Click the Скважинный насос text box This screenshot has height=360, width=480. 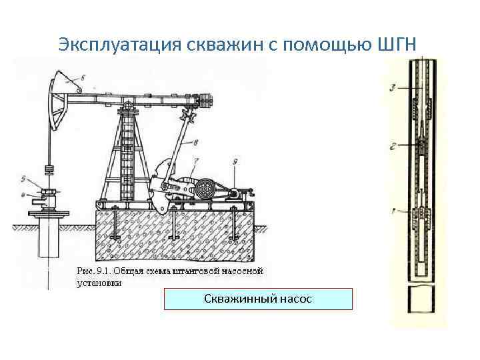tap(258, 299)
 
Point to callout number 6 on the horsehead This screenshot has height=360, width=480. tap(81, 78)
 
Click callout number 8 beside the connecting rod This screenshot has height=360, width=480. tap(195, 141)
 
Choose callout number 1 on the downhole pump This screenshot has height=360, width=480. tap(393, 211)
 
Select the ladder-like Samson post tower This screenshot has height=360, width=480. tap(127, 157)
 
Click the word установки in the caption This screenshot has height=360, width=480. tap(99, 282)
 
